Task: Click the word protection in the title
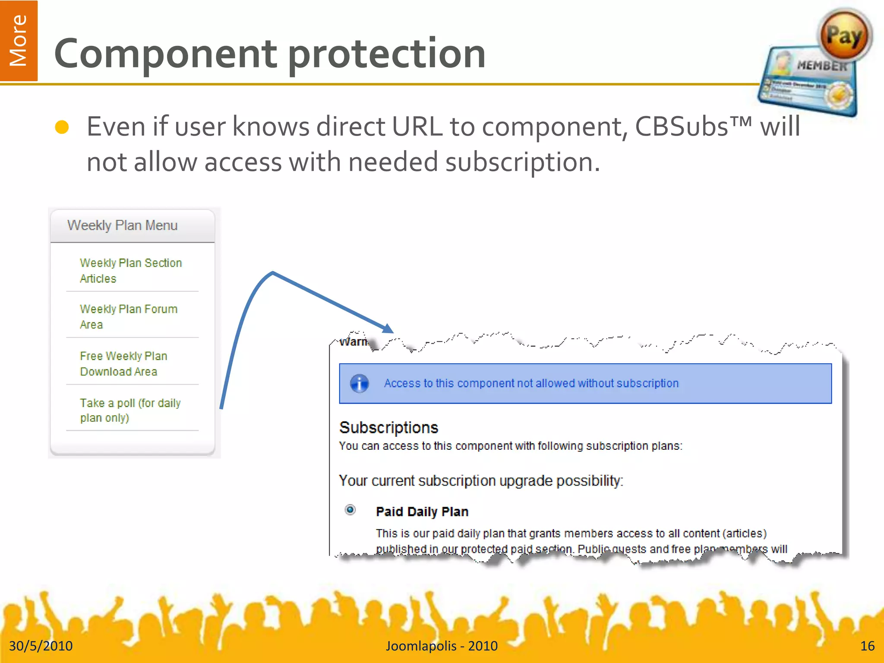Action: tap(386, 54)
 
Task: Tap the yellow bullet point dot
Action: tap(62, 127)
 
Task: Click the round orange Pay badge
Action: tap(844, 35)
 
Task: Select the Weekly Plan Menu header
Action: tap(123, 225)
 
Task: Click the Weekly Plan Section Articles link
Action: tap(130, 271)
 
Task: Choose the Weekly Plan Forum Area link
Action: tap(128, 316)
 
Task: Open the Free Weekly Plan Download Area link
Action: tap(123, 363)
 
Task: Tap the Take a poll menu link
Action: tap(130, 410)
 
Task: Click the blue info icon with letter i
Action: tap(359, 383)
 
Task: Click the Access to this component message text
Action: tap(531, 383)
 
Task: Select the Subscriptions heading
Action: tap(388, 427)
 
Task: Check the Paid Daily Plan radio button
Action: tap(350, 510)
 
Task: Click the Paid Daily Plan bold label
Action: tap(422, 511)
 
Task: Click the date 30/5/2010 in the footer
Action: tap(41, 646)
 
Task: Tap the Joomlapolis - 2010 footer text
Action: tap(442, 646)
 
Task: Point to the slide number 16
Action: tap(867, 646)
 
